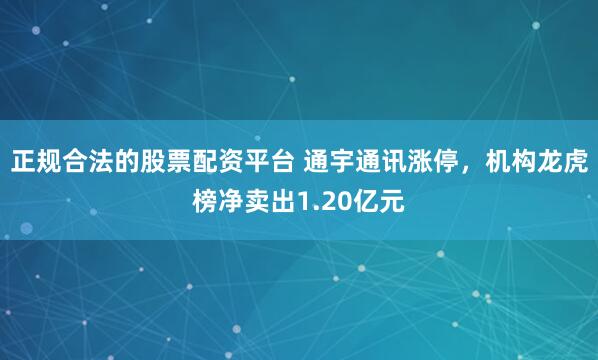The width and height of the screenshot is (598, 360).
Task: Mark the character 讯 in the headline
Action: [405, 163]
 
